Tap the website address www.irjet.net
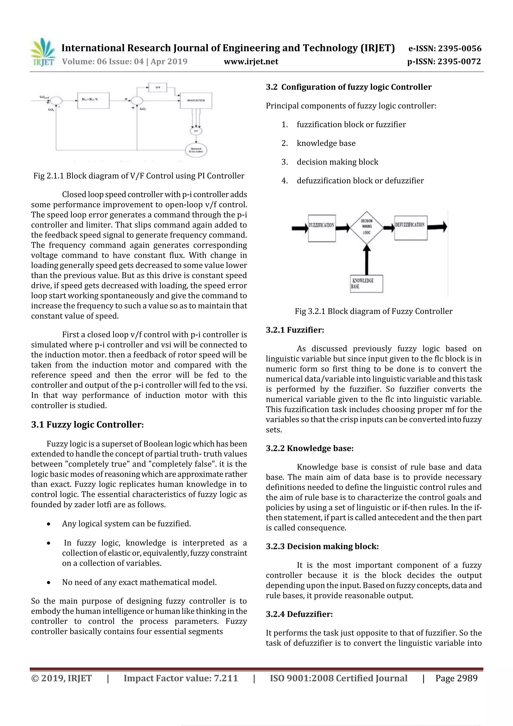251,61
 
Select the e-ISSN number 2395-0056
445,48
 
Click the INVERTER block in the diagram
196,100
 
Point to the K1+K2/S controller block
93,100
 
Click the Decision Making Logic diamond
366,227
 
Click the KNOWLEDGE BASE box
366,284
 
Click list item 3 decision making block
337,162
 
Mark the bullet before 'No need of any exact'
48,582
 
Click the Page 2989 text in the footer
456,678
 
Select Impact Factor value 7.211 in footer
181,678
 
